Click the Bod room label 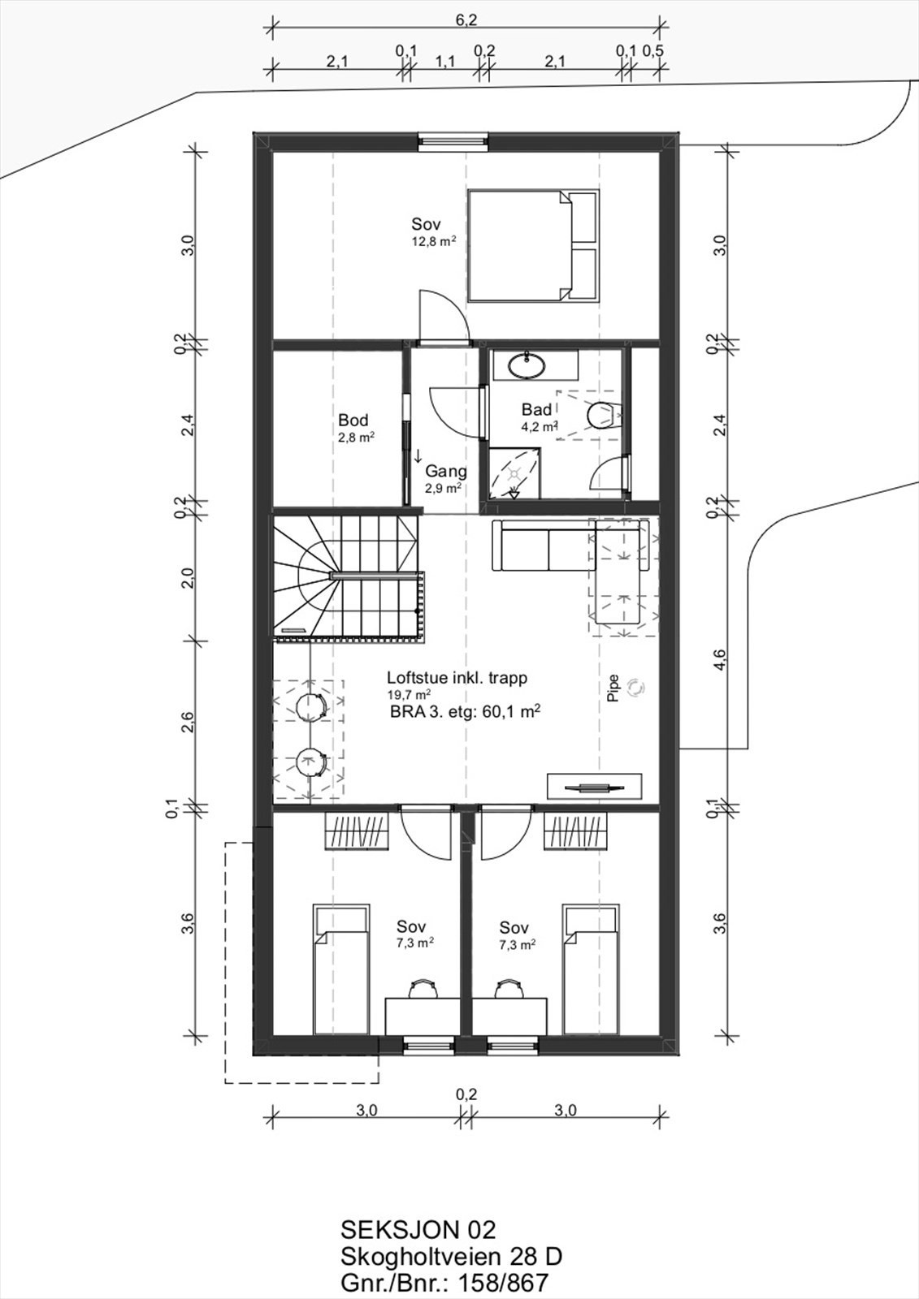coord(353,420)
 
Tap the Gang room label coord(446,472)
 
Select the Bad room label coord(536,409)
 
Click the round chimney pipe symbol coord(636,688)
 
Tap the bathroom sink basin coord(527,365)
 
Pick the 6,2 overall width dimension coord(466,19)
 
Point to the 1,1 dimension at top coord(444,61)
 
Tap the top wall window coord(453,142)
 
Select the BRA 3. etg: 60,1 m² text coord(466,711)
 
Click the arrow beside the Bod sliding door coord(418,455)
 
